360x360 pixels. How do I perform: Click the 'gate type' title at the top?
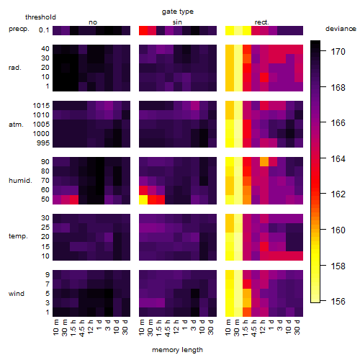coord(178,12)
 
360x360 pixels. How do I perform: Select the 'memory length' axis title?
coord(177,350)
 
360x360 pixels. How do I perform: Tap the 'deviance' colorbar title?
coord(341,29)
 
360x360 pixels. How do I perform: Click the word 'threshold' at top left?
coord(40,17)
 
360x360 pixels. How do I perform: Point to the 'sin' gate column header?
coord(177,22)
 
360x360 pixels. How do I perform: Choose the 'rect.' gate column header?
coord(262,22)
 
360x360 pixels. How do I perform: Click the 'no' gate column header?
coord(93,22)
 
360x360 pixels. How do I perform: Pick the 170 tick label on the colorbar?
coord(338,51)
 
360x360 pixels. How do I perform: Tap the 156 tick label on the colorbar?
coord(338,301)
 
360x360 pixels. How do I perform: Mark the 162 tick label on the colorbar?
coord(338,194)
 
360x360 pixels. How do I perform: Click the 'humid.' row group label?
coord(20,181)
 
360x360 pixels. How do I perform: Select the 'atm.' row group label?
coord(16,125)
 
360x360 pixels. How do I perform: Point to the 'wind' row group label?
coord(17,294)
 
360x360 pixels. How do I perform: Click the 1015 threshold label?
coord(41,106)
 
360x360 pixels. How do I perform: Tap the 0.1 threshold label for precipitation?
coord(44,30)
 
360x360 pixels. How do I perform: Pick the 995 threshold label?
coord(43,143)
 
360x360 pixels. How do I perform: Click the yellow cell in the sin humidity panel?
coord(143,199)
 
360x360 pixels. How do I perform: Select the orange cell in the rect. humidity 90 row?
coord(264,162)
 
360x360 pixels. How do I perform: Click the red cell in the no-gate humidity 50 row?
coord(74,199)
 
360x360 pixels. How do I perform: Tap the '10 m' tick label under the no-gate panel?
coord(56,327)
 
